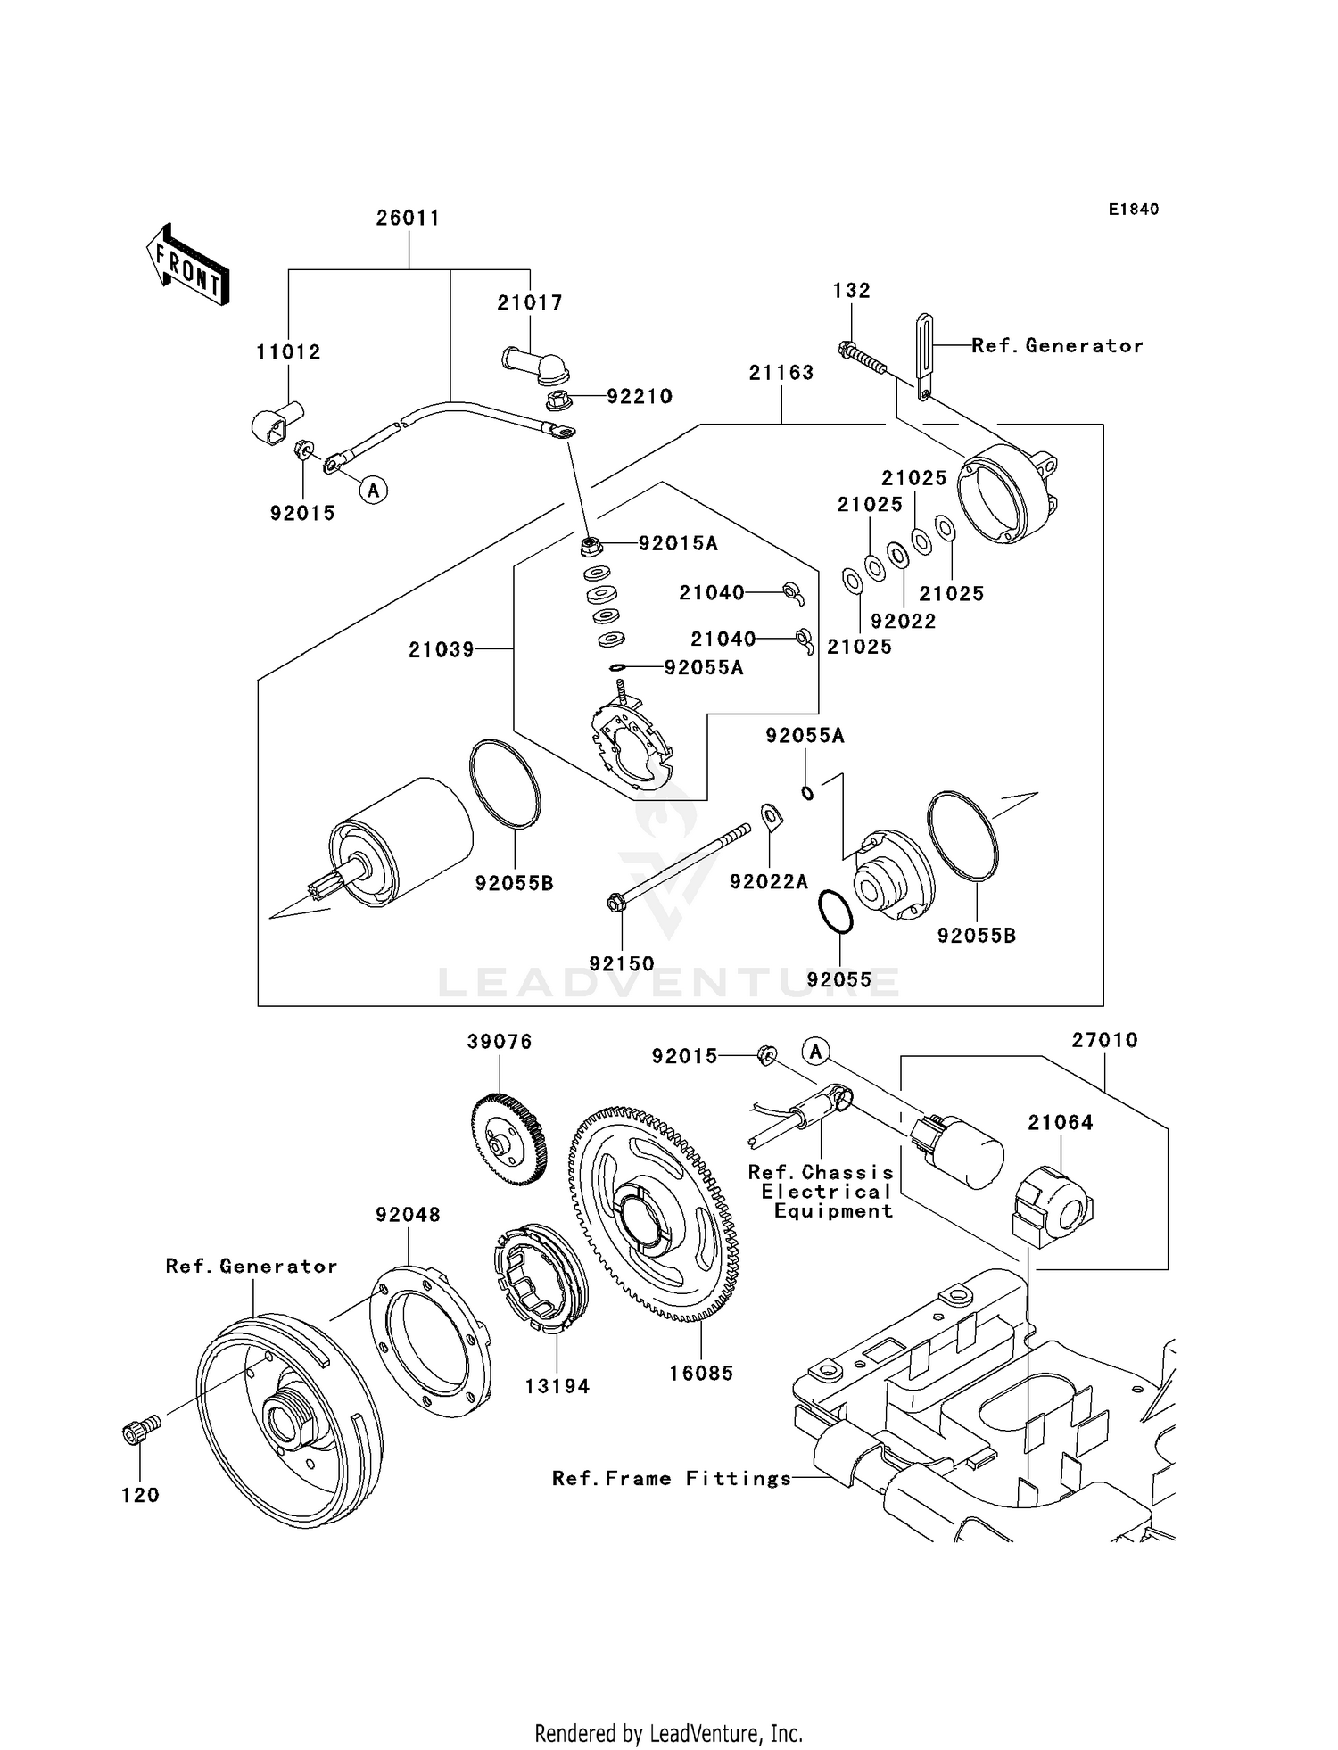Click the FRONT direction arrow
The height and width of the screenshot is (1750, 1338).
point(188,265)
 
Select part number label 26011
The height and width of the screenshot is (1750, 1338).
point(408,218)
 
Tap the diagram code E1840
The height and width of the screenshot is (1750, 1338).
point(1134,210)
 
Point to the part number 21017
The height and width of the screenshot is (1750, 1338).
point(530,302)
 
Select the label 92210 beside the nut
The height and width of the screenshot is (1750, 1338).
point(640,396)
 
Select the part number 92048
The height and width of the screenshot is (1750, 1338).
point(408,1214)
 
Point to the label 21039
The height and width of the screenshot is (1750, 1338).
point(442,650)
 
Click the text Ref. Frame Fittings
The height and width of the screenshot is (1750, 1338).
point(672,1478)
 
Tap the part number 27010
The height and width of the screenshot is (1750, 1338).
point(1104,1040)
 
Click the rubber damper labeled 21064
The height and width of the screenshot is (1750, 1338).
point(1053,1205)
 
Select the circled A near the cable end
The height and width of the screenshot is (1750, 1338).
point(374,489)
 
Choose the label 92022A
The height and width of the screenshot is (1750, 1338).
point(768,882)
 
